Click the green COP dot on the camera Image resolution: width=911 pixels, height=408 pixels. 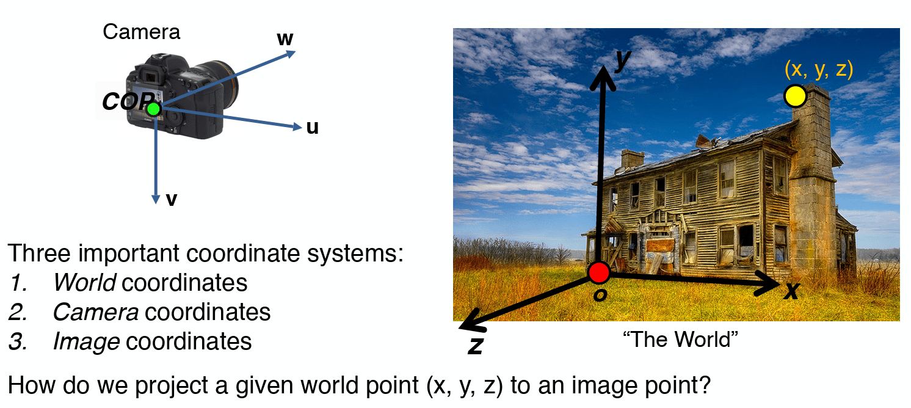tap(153, 109)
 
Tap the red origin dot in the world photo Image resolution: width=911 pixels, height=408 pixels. tap(599, 272)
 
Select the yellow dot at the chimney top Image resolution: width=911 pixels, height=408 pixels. tap(795, 97)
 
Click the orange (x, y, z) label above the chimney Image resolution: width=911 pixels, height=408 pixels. tap(818, 70)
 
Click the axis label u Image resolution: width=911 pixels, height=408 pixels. tap(313, 128)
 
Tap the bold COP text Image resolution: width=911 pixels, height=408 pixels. tap(125, 102)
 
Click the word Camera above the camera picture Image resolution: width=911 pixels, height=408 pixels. tap(141, 32)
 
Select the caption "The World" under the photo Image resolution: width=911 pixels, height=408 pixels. tap(680, 339)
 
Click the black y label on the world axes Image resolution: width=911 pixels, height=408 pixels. tap(622, 60)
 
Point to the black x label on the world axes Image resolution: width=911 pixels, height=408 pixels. tap(791, 291)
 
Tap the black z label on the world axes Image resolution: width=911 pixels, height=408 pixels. tap(475, 346)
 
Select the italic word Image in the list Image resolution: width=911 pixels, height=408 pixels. tap(86, 341)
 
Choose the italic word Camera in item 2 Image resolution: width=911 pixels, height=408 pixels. tap(95, 312)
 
